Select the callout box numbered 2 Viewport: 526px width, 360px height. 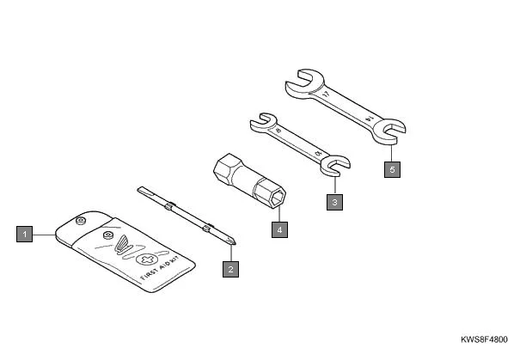pos(229,269)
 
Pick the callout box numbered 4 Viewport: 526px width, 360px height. pos(278,229)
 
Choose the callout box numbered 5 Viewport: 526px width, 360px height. pos(392,169)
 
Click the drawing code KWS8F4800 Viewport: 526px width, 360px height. pos(488,339)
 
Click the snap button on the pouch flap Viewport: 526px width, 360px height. pos(107,234)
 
